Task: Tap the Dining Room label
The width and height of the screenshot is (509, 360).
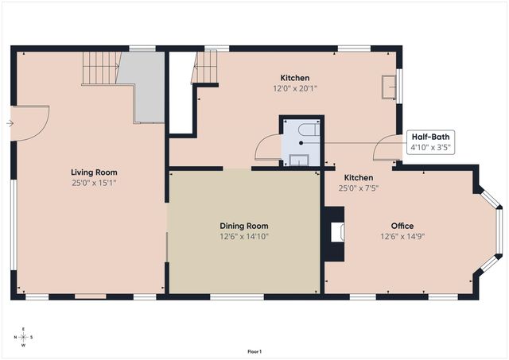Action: pos(244,226)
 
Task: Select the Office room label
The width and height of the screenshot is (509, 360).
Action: pos(402,226)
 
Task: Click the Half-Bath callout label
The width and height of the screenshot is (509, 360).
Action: pos(430,137)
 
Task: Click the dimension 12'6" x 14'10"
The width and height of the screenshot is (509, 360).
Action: pos(244,236)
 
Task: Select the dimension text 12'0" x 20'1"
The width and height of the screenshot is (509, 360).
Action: pos(294,88)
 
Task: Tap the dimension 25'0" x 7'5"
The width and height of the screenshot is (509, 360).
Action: pos(358,188)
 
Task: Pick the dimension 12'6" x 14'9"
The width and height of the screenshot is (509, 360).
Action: pos(402,236)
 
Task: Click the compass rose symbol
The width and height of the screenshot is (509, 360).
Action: pos(23,337)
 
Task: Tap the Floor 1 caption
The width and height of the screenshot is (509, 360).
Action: pos(254,351)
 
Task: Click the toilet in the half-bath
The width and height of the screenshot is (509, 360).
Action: pos(310,129)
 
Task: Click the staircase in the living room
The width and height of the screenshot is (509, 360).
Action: pos(101,68)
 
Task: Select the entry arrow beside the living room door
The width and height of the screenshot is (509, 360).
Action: pos(9,124)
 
